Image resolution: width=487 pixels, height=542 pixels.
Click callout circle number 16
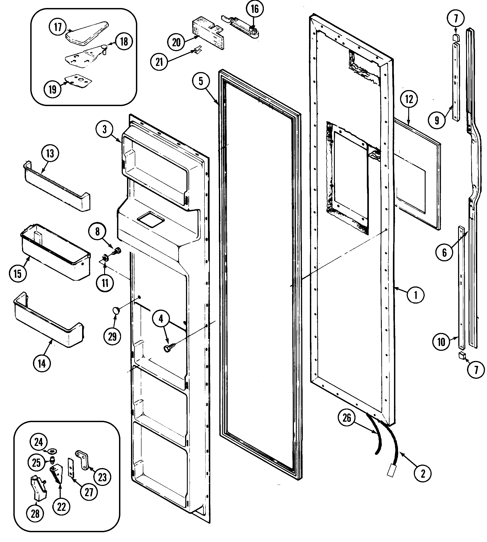tap(255, 9)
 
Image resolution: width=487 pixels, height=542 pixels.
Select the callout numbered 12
tap(409, 99)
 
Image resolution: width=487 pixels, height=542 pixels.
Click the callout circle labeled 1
tap(416, 295)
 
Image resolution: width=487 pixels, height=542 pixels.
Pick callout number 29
tap(112, 336)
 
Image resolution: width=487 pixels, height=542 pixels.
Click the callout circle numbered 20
tap(176, 42)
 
